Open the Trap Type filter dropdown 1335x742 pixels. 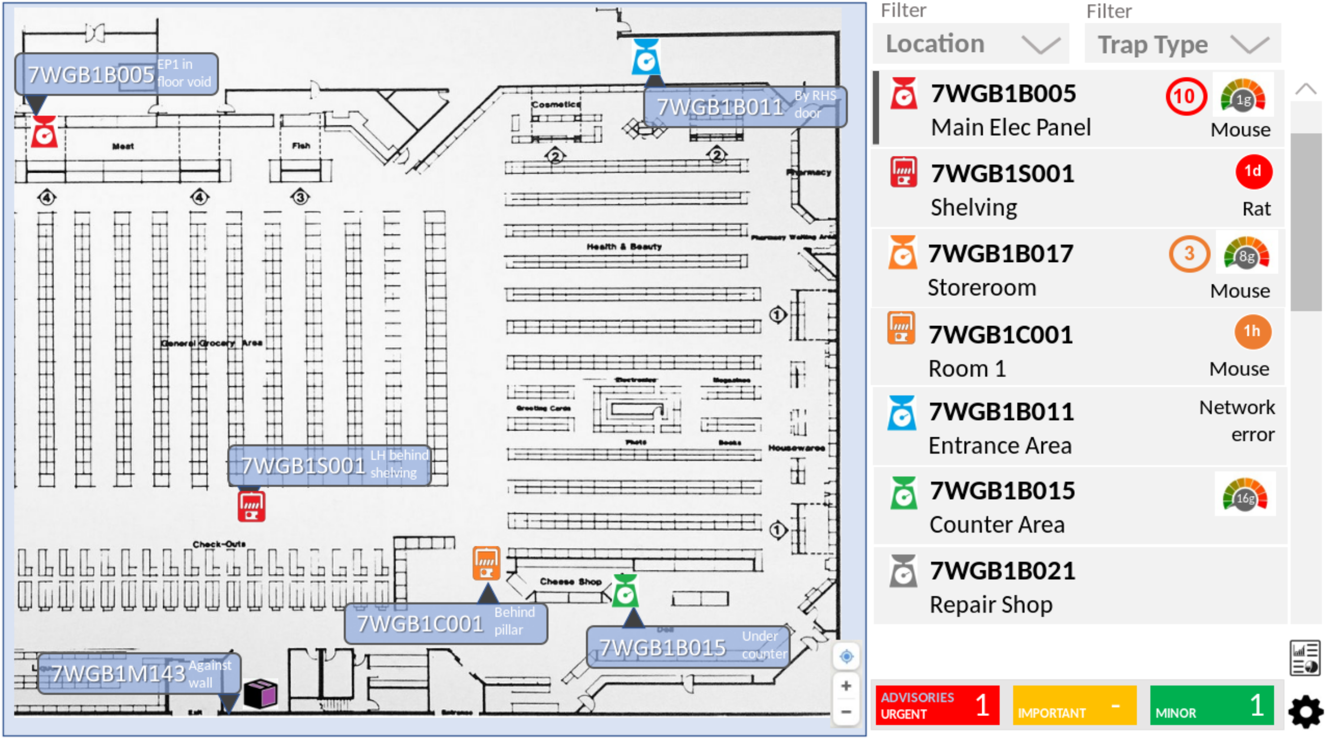point(1182,45)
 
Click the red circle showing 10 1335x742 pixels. point(1185,96)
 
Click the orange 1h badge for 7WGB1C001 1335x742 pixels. point(1252,331)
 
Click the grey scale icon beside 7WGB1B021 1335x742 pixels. point(903,571)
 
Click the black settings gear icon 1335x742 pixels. point(1305,712)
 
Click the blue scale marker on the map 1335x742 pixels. point(646,57)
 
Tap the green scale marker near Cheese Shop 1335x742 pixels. point(625,591)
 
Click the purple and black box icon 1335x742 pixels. point(261,694)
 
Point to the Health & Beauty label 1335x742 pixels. point(624,246)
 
